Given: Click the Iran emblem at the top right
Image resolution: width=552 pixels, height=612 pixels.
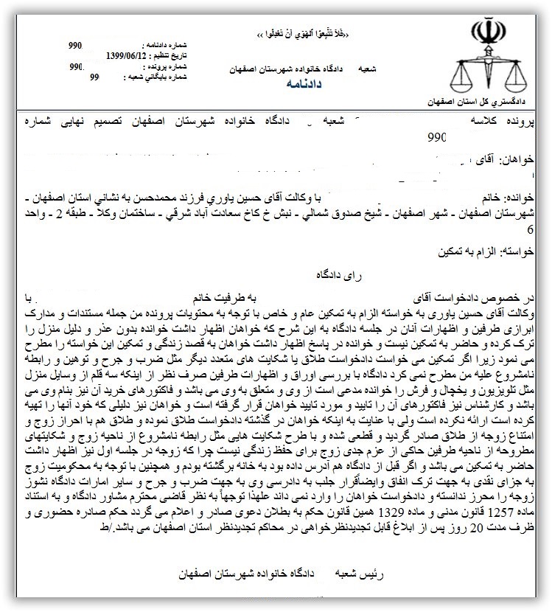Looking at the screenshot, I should (486, 32).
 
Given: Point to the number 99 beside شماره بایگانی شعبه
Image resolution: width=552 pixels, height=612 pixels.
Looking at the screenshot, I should (94, 76).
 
